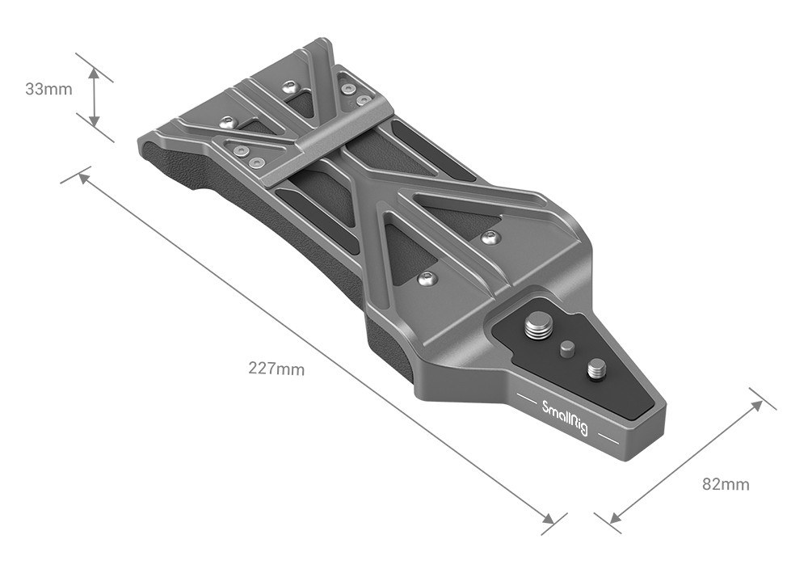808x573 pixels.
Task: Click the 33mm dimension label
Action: click(48, 89)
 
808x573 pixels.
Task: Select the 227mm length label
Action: click(276, 369)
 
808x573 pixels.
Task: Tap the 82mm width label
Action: click(726, 484)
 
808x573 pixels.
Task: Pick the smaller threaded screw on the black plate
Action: click(595, 369)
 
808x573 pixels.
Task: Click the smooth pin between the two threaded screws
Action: click(567, 349)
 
